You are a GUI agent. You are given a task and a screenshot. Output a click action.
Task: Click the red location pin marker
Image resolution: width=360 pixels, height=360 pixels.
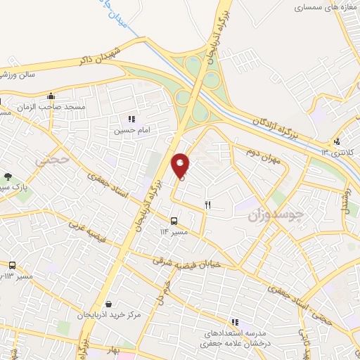181,165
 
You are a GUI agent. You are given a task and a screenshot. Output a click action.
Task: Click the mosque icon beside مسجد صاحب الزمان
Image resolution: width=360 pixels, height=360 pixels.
51,96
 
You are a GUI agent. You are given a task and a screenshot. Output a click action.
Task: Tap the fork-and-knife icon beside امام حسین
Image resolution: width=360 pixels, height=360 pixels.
131,120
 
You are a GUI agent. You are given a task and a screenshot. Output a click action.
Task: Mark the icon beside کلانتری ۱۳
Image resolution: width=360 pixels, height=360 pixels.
337,141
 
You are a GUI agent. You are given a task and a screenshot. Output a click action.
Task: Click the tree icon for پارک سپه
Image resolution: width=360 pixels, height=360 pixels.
8,177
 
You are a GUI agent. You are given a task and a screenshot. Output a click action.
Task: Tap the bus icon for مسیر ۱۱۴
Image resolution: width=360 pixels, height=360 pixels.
174,221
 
